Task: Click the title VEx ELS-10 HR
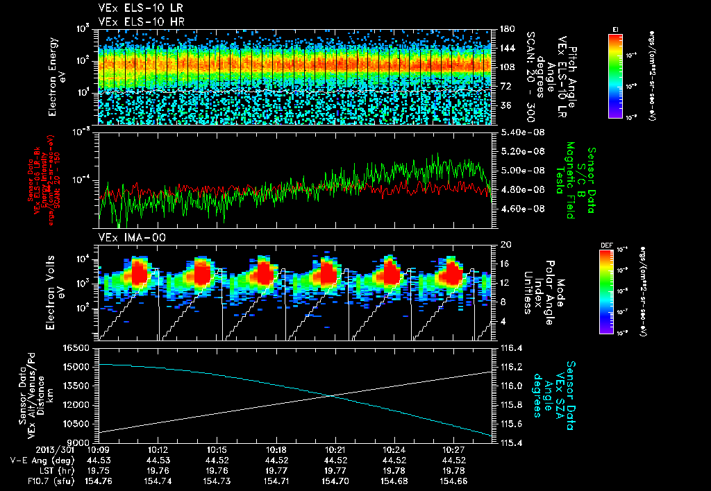pos(135,21)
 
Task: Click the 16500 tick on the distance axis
pos(78,347)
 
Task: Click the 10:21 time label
pos(335,450)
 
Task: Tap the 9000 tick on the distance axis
pos(80,442)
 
